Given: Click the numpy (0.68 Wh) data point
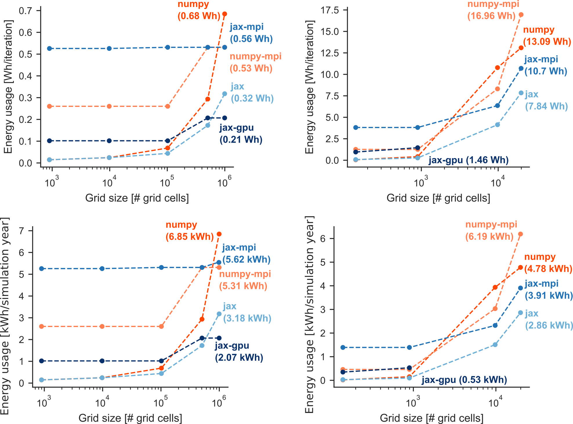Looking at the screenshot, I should click(224, 14).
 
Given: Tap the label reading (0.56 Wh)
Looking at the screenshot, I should click(251, 39).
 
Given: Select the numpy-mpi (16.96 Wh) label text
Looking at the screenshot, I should click(493, 10).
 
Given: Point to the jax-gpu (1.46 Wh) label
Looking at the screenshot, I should click(468, 160).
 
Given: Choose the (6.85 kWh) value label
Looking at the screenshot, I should click(190, 236).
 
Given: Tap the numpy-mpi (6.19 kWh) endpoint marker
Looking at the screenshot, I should click(521, 234).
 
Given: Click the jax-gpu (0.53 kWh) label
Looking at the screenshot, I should click(464, 380).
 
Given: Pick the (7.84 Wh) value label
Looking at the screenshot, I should click(546, 106).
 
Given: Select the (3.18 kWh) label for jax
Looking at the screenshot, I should click(247, 318).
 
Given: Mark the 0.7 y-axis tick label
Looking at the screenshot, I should click(26, 11).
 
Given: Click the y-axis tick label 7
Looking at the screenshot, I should click(21, 231).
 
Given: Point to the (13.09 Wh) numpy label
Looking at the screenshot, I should click(547, 42).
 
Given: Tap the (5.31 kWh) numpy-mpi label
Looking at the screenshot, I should click(243, 286).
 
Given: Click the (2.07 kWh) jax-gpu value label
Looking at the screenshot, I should click(239, 357).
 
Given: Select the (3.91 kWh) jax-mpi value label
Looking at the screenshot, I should click(549, 296).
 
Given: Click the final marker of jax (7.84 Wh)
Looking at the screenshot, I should click(521, 93).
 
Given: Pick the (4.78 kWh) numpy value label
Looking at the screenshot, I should click(548, 269).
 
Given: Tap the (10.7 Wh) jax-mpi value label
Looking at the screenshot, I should click(546, 71).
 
